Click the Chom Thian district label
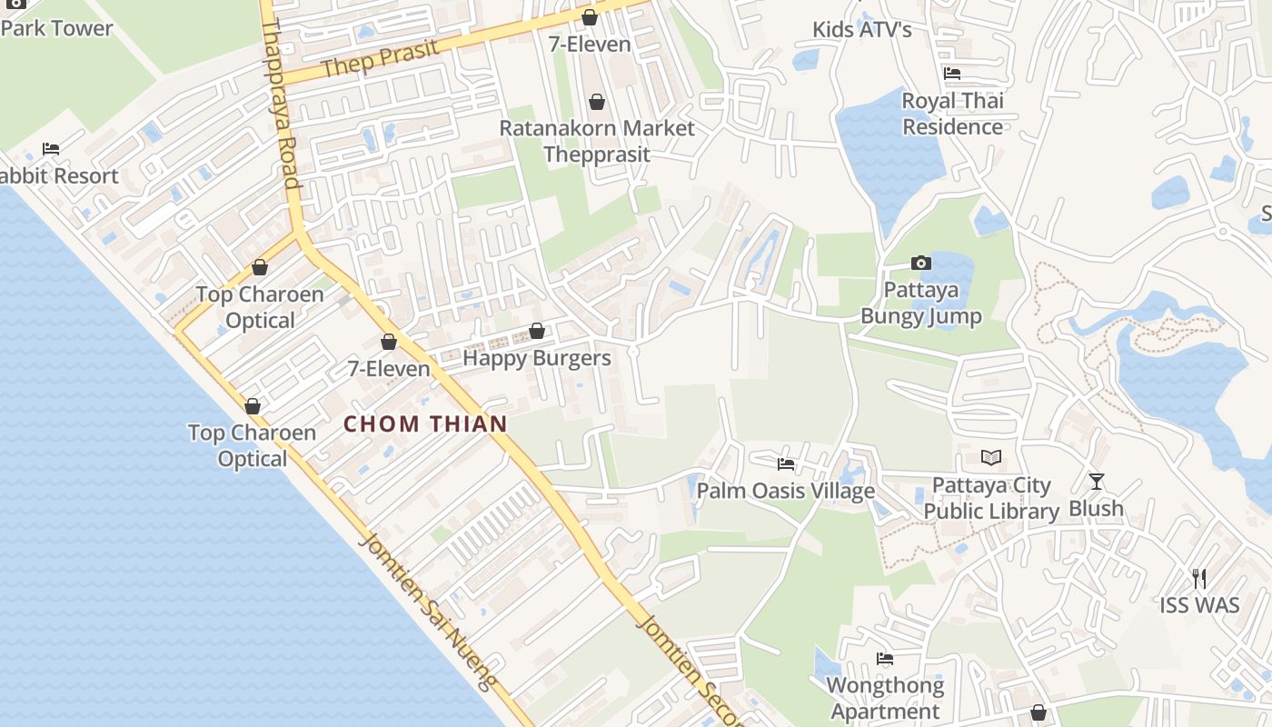[425, 423]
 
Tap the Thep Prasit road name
[380, 58]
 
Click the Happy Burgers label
[537, 358]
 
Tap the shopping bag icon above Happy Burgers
[537, 331]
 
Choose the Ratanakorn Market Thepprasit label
[597, 141]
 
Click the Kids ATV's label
[862, 30]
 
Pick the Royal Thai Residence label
[952, 114]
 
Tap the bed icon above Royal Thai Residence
[952, 74]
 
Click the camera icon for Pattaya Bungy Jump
[921, 264]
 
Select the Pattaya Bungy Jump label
[921, 304]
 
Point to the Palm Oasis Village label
[786, 491]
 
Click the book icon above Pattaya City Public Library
[990, 457]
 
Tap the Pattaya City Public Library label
[991, 499]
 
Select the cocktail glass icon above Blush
[1097, 482]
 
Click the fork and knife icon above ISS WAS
[1199, 578]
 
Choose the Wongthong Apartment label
[885, 698]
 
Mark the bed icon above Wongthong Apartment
[885, 659]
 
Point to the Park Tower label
[57, 28]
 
